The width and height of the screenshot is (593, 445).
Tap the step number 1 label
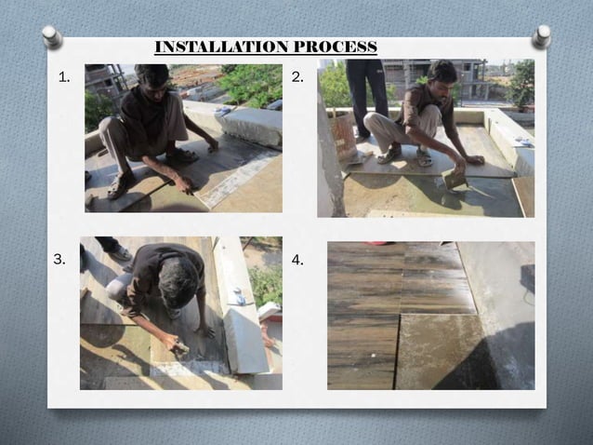pos(64,78)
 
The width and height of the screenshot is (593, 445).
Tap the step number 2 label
pos(297,78)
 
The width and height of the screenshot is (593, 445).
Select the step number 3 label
pos(59,261)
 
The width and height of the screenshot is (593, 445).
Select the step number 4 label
pos(297,261)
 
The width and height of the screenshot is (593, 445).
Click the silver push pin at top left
pos(52,36)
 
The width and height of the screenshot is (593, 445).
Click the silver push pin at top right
pos(542,36)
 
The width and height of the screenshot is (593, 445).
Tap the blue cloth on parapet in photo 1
pos(222,110)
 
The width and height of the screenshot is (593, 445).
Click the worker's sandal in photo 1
pos(119,186)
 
